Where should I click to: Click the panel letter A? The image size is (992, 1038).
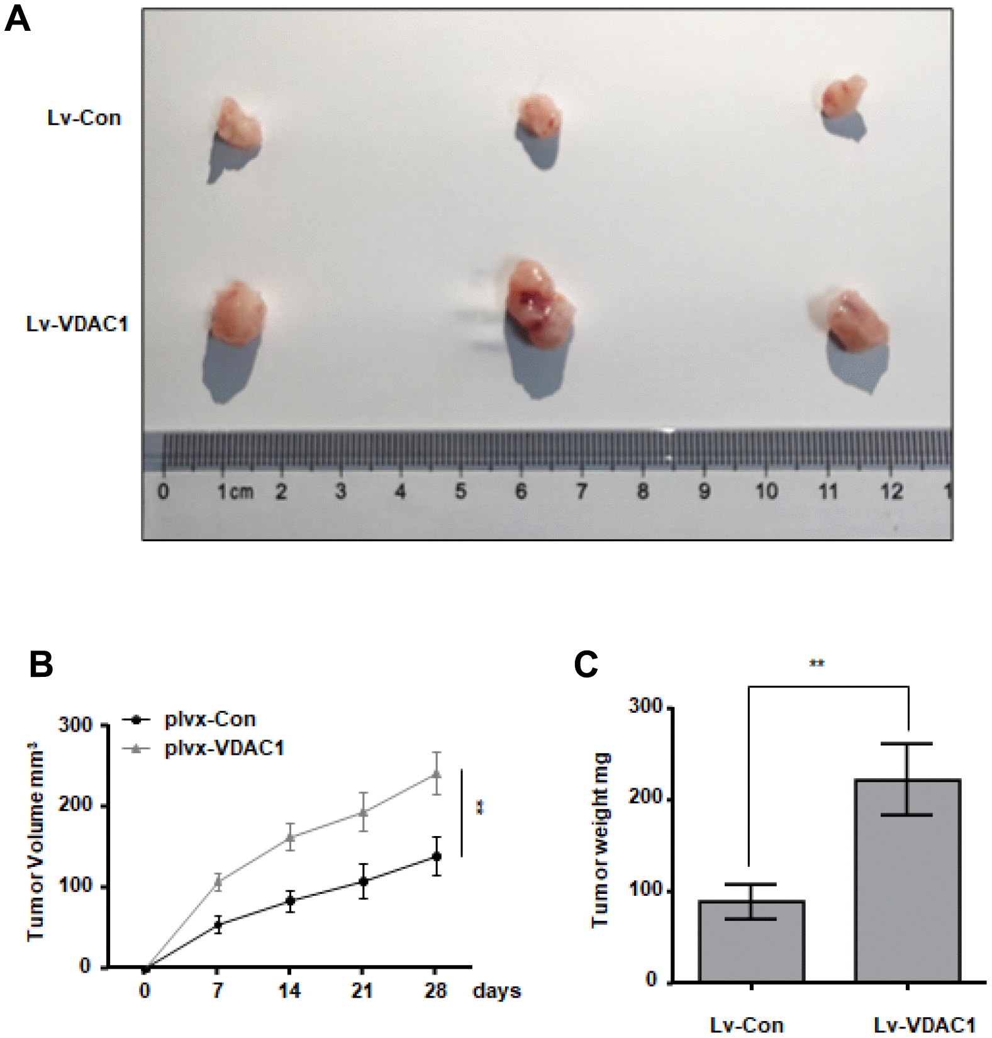(x=17, y=19)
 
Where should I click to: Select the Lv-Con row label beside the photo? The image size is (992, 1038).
(x=84, y=118)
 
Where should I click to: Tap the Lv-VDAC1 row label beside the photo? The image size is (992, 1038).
(x=77, y=324)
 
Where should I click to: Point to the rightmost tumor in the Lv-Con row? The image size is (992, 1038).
(x=843, y=97)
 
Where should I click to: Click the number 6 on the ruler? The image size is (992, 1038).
(x=521, y=491)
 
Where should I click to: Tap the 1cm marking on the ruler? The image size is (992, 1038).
(x=235, y=491)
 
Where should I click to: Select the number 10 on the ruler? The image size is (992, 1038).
(x=766, y=491)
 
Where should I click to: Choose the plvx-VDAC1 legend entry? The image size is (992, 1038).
(x=223, y=748)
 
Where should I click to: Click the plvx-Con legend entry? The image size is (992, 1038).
(x=209, y=719)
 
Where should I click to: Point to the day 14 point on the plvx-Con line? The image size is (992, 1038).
(x=290, y=901)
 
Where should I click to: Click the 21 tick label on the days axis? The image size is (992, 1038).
(x=362, y=991)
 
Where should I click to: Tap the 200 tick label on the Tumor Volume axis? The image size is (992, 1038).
(x=75, y=805)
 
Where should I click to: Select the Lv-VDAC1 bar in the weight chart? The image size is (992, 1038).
(x=907, y=881)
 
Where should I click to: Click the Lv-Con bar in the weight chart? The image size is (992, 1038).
(x=751, y=941)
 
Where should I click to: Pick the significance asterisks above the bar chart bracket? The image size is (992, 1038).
(x=816, y=664)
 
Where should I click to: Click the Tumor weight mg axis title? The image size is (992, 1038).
(x=600, y=839)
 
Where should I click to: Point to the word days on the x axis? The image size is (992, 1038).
(x=496, y=991)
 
